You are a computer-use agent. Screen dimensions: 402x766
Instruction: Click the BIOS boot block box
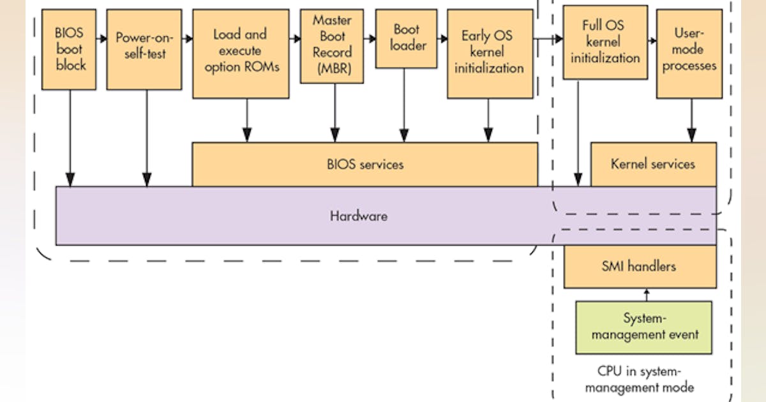tap(69, 49)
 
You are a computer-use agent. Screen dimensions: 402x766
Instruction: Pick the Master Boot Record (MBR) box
tap(332, 46)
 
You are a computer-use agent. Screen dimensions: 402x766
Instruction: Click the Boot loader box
tap(406, 38)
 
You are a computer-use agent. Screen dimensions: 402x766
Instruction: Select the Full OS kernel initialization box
tap(605, 42)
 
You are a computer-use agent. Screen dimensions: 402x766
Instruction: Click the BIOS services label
tap(364, 164)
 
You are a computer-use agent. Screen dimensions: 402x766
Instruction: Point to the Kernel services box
tap(653, 164)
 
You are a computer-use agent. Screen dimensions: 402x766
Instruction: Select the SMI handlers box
tap(640, 266)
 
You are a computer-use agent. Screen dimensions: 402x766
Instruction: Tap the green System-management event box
tap(644, 327)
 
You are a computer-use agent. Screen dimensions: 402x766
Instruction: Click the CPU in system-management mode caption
tap(640, 379)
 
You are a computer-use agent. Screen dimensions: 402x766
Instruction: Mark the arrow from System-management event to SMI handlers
tap(646, 294)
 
